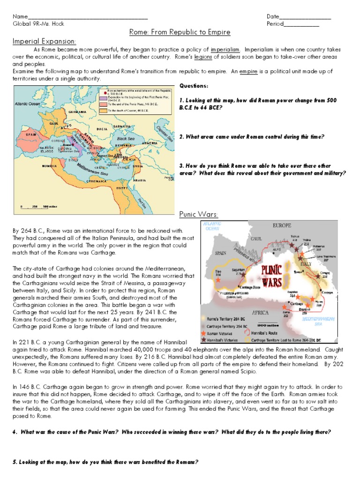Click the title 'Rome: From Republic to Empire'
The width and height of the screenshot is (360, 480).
point(180,32)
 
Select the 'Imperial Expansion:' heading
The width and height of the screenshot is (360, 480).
point(45,41)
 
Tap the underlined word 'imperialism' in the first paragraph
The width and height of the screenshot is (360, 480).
point(225,49)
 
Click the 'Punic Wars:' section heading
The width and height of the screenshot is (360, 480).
point(198,214)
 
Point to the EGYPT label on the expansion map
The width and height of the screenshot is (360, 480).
point(123,187)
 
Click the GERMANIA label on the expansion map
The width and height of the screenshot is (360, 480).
point(77,112)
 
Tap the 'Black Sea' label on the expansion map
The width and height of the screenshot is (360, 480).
point(126,139)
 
